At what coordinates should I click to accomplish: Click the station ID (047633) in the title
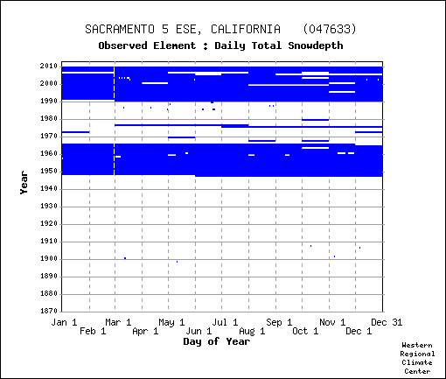pyautogui.click(x=330, y=29)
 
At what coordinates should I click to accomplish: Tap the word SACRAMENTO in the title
pyautogui.click(x=120, y=29)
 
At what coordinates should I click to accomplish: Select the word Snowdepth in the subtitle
pyautogui.click(x=316, y=46)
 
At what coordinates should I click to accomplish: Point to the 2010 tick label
pyautogui.click(x=49, y=66)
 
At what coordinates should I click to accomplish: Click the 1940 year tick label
pyautogui.click(x=49, y=188)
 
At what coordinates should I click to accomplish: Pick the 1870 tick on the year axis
pyautogui.click(x=49, y=311)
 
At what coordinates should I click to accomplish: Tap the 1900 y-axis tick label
pyautogui.click(x=49, y=258)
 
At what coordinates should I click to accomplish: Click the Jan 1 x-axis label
pyautogui.click(x=64, y=322)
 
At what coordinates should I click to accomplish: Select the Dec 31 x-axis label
pyautogui.click(x=387, y=322)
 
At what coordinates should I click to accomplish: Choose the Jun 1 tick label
pyautogui.click(x=199, y=331)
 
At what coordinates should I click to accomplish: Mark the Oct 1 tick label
pyautogui.click(x=305, y=331)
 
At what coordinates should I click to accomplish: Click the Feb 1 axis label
pyautogui.click(x=93, y=331)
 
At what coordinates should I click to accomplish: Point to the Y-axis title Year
pyautogui.click(x=24, y=183)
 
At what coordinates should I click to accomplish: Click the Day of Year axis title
pyautogui.click(x=217, y=341)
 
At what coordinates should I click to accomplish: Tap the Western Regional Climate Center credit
pyautogui.click(x=417, y=358)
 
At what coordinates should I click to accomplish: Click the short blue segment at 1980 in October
pyautogui.click(x=316, y=120)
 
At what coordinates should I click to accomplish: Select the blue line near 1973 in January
pyautogui.click(x=75, y=132)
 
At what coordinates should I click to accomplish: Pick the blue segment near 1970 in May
pyautogui.click(x=181, y=137)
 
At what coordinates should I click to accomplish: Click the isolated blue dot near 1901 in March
pyautogui.click(x=125, y=258)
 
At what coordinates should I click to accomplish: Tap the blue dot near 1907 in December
pyautogui.click(x=359, y=248)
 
